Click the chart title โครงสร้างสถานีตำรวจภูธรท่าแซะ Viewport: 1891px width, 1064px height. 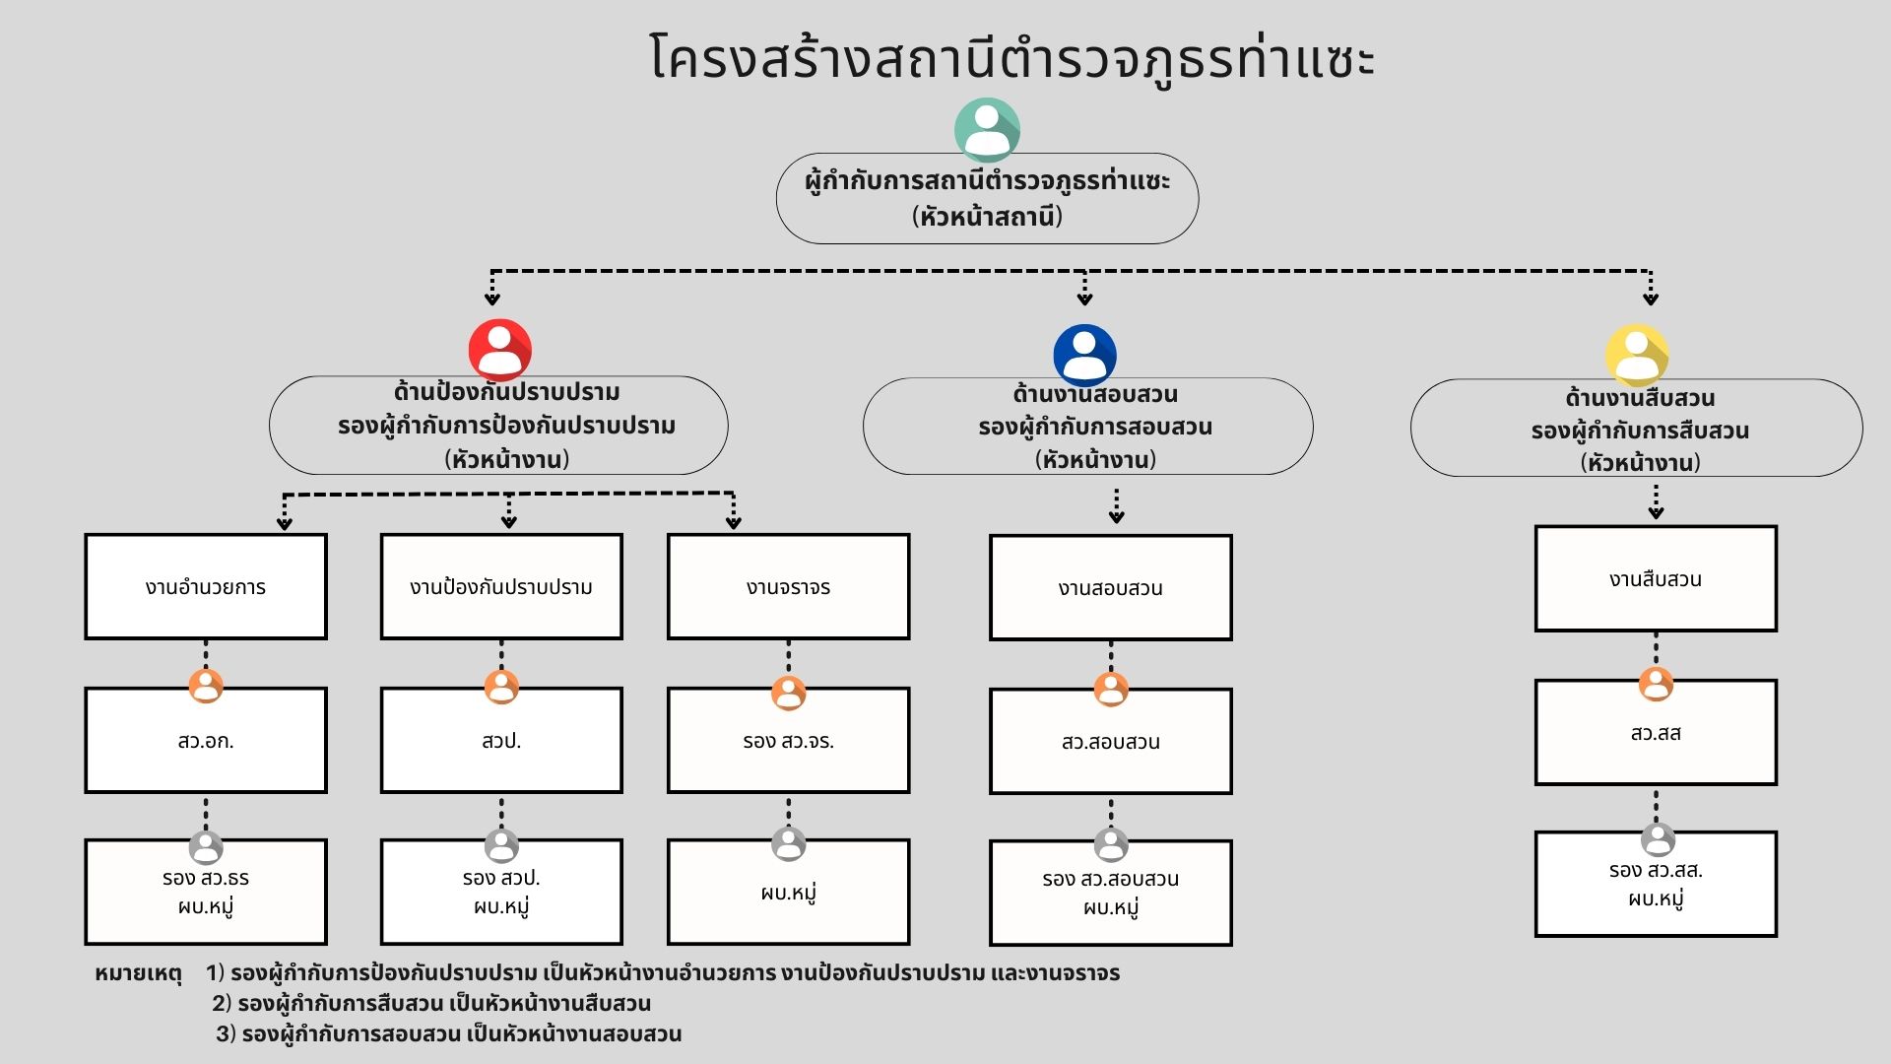coord(1011,57)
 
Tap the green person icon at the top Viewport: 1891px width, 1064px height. coord(987,130)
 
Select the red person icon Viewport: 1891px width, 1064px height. coord(500,350)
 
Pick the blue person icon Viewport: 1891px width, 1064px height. coord(1084,355)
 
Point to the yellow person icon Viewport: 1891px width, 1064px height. coord(1637,355)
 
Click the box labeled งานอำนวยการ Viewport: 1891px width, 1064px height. coord(206,587)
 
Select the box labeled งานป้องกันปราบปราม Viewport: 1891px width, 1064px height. coord(501,587)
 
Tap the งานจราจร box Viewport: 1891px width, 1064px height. coord(788,587)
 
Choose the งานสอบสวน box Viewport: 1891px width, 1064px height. coord(1110,588)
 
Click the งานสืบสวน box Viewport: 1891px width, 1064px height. coord(1656,579)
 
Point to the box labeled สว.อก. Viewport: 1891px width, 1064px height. coord(206,741)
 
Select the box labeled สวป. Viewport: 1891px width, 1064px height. coord(501,741)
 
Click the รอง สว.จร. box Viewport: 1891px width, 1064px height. coord(788,741)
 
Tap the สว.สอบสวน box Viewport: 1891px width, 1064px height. coord(1110,742)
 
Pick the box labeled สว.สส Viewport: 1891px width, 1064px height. coord(1656,733)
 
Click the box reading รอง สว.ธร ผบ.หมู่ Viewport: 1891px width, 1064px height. coord(206,893)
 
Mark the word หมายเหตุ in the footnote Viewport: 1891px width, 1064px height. coord(138,973)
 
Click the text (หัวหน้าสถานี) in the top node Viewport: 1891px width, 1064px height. coord(987,216)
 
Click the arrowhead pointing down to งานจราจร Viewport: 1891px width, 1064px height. coord(733,521)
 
